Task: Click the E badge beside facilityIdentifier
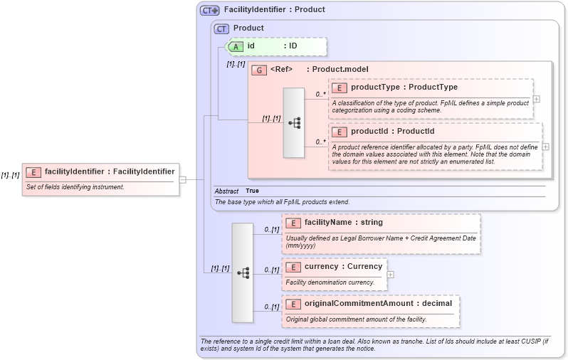click(33, 171)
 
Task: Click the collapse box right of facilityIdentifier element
click(183, 179)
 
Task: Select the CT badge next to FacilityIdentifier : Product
click(210, 10)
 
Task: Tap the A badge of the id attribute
click(236, 46)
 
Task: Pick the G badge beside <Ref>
click(258, 70)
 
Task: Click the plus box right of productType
click(536, 98)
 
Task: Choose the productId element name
click(371, 132)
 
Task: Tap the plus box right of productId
click(546, 147)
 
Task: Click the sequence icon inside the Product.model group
click(294, 123)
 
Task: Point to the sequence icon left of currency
click(243, 272)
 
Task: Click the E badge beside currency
click(293, 267)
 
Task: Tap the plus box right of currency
click(390, 274)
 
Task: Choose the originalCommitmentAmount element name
click(359, 304)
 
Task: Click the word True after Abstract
click(252, 191)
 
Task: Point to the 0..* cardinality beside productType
click(320, 94)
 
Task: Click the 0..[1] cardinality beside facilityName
click(271, 229)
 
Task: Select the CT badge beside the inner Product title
click(221, 28)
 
